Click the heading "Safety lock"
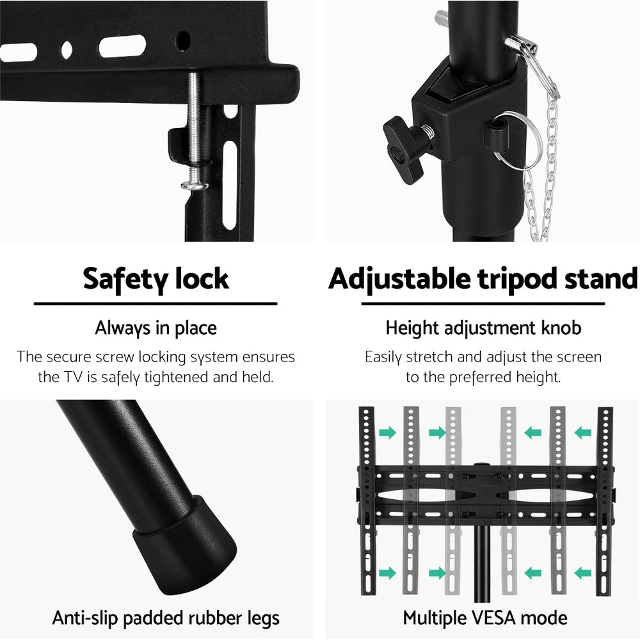pos(156,279)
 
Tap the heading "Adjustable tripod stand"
pos(483,279)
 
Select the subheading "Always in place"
pos(156,328)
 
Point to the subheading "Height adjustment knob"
pos(483,328)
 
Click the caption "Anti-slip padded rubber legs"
pos(166,618)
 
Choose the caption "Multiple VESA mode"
pos(484,618)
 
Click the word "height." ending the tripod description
pos(541,378)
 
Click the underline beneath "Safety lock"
pos(156,304)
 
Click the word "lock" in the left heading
pos(200,279)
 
